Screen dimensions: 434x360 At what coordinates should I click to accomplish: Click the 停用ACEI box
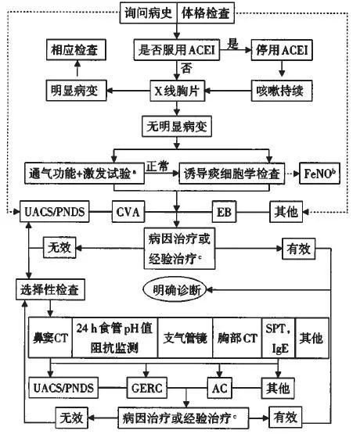[281, 50]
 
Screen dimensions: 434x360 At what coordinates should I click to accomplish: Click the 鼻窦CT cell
[50, 339]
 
